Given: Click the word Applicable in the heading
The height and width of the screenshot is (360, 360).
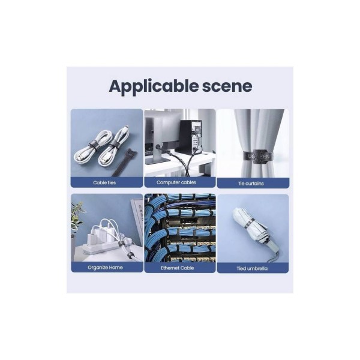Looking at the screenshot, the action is [154, 87].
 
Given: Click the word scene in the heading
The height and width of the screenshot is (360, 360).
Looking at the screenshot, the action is [227, 86].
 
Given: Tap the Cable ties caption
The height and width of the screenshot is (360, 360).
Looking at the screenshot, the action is [104, 183].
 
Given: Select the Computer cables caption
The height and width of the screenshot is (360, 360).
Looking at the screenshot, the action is [176, 182].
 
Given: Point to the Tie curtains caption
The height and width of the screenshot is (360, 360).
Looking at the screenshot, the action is [251, 184].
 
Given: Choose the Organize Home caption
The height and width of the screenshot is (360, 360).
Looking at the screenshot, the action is [105, 268].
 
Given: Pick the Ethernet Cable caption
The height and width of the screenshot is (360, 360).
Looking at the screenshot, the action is [177, 268].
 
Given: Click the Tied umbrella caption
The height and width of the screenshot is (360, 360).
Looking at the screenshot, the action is [252, 269].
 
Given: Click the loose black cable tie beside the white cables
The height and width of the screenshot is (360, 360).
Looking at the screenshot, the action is [124, 162].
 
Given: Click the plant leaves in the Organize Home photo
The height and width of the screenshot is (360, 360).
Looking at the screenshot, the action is [77, 216].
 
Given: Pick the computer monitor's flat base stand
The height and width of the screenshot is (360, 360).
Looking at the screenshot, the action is [157, 161].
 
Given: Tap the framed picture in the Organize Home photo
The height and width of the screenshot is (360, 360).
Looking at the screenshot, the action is [137, 221].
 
